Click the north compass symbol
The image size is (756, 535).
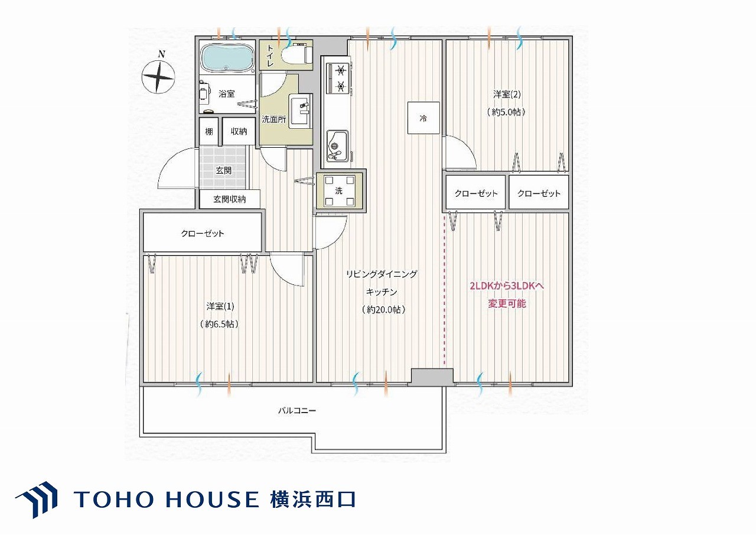point(158,76)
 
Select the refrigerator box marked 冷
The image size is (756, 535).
point(423,118)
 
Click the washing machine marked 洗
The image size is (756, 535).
point(339,191)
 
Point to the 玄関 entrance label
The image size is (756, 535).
point(223,171)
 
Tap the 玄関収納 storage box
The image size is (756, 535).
point(230,199)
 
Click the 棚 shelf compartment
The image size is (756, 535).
point(209,131)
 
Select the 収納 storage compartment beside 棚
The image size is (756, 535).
point(239,131)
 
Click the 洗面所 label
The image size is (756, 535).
point(274,119)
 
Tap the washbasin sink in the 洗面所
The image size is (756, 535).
point(300,111)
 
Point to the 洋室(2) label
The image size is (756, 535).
point(507,94)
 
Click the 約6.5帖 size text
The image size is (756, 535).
point(219,324)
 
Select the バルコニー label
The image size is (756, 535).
point(297,411)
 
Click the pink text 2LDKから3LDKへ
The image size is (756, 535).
point(507,286)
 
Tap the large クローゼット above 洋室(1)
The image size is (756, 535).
point(203,232)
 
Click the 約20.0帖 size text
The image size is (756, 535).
point(383,309)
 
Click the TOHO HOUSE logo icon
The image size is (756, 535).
point(37,500)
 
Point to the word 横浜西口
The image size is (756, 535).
point(313,500)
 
